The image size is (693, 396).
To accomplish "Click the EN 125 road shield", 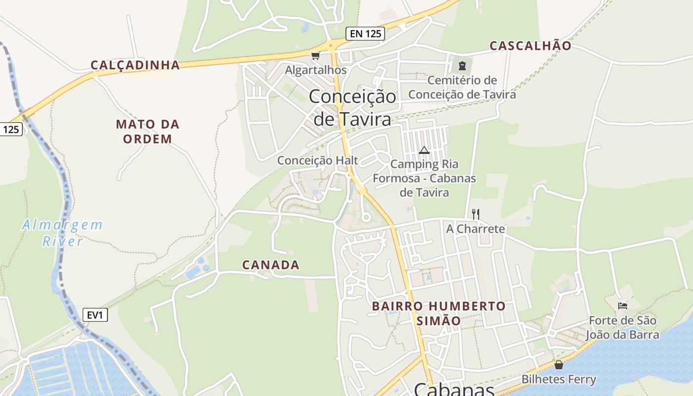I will [365, 34].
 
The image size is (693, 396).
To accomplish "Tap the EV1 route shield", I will [95, 315].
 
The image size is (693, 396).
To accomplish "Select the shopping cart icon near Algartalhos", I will [315, 55].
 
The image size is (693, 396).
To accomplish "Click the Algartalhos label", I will [315, 70].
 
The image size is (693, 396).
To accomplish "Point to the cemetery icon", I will [462, 65].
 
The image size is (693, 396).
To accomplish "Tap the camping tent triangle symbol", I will [424, 150].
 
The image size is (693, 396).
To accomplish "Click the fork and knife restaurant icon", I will [475, 214].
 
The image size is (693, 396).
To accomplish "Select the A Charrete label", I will [475, 229].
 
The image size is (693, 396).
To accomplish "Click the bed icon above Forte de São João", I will [622, 305].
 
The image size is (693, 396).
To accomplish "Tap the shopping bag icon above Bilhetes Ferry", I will [559, 365].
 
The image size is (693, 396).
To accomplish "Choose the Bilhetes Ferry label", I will [559, 380].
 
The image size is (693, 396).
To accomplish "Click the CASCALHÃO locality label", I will [530, 46].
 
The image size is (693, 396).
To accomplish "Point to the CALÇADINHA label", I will [135, 65].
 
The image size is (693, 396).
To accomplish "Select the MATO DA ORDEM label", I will [148, 131].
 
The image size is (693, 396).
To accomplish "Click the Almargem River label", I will [62, 233].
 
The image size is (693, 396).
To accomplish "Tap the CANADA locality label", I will [271, 265].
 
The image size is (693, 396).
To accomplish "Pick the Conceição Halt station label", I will [317, 160].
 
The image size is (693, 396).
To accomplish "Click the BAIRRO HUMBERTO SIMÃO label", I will [439, 313].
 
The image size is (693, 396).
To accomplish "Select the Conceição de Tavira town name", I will [352, 107].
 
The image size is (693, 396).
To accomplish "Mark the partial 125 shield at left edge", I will [10, 130].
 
